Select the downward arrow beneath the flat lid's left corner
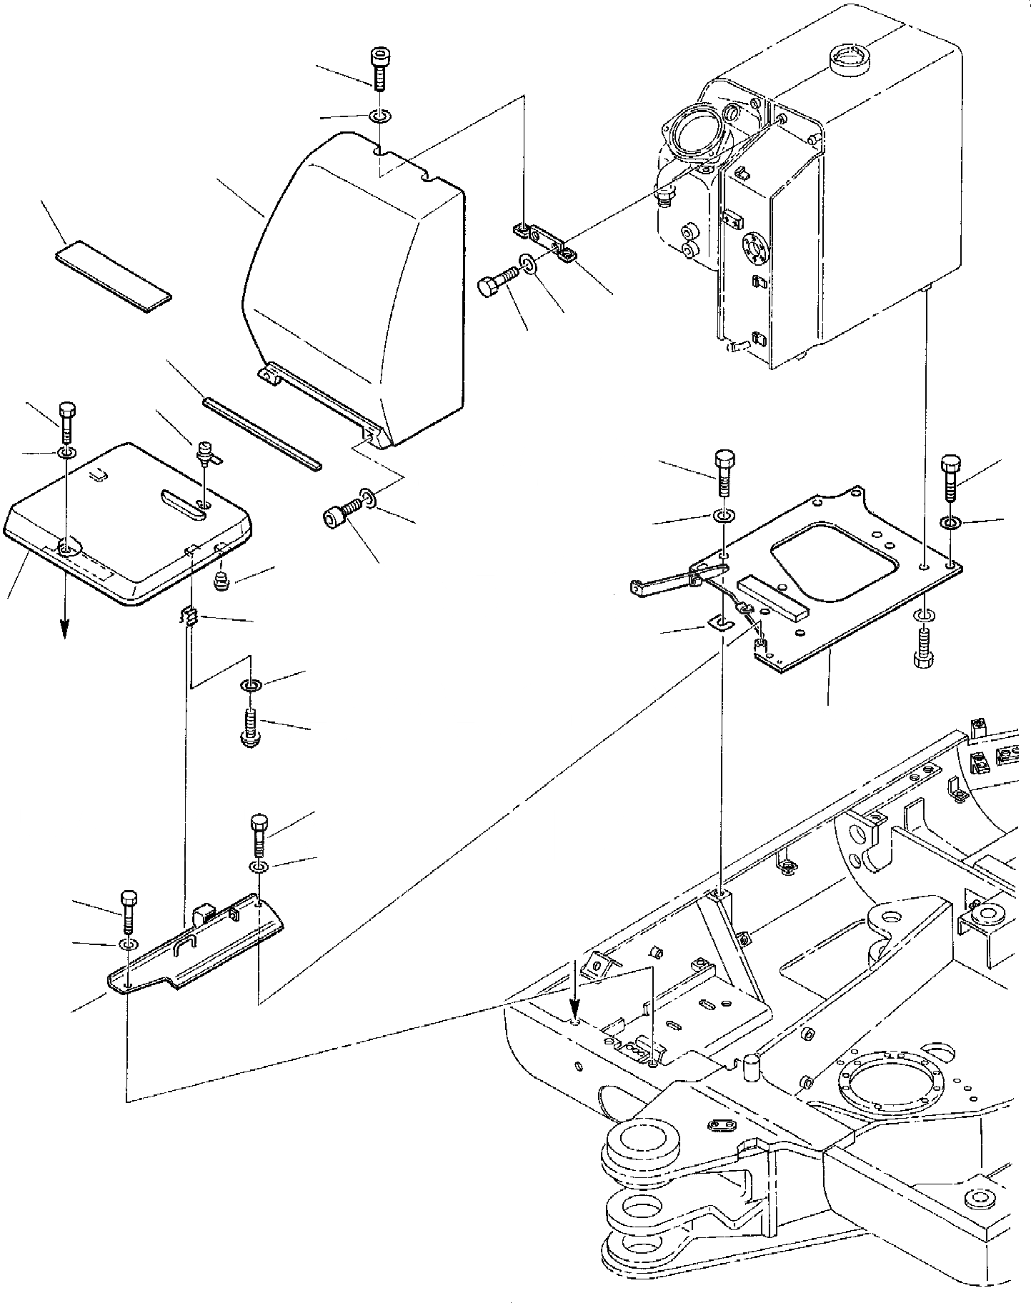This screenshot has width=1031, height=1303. (x=65, y=626)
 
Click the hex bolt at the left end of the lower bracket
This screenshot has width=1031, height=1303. (x=129, y=912)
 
